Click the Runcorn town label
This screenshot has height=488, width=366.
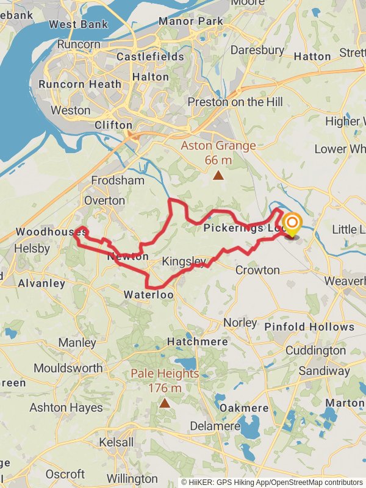tap(79, 44)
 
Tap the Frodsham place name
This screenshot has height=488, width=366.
tap(118, 181)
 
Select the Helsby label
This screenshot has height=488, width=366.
tap(32, 249)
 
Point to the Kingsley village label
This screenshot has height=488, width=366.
tap(184, 262)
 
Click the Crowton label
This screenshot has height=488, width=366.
tap(257, 270)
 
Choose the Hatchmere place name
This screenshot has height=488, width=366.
tap(189, 342)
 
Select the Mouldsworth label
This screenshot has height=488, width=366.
tap(68, 368)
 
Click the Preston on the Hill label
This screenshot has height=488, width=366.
tap(235, 102)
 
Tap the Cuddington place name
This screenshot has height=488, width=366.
tap(315, 351)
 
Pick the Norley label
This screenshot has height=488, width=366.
tap(240, 322)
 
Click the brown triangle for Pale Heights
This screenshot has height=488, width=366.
tap(165, 403)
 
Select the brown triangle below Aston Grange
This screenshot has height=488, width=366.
tap(218, 176)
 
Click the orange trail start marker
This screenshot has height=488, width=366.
tap(292, 223)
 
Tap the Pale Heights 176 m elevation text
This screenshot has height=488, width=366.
tap(165, 380)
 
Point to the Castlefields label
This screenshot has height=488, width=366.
tap(150, 57)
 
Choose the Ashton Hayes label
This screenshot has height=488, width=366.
tap(66, 407)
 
